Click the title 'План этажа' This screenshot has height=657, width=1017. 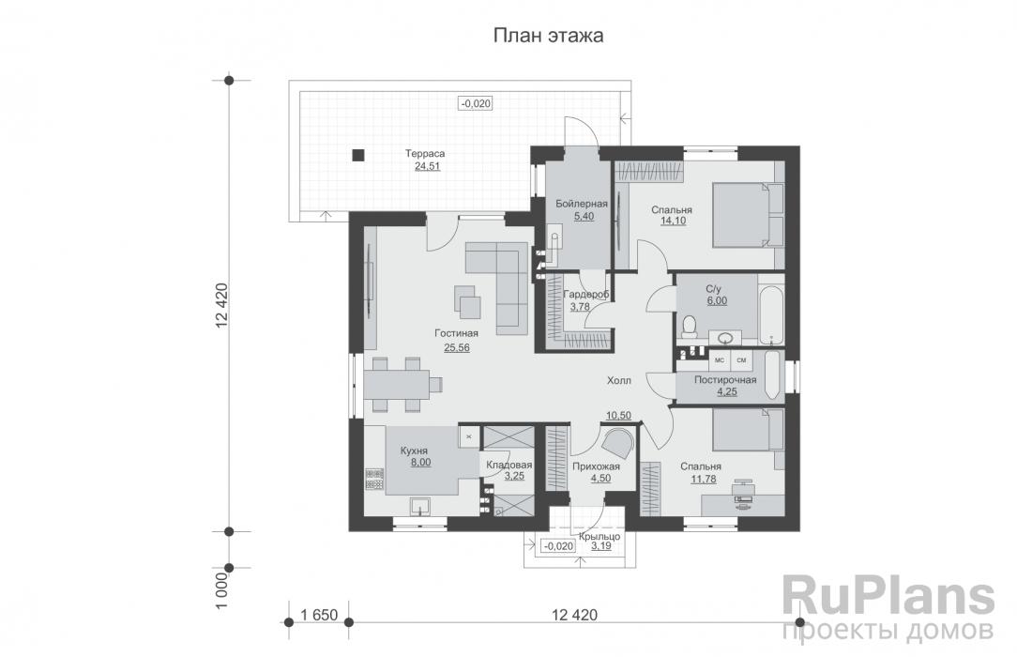click(548, 36)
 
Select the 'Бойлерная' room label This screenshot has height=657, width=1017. click(581, 204)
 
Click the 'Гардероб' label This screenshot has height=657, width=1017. click(586, 295)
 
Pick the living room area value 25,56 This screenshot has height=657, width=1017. click(457, 347)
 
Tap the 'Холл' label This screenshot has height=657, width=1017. click(618, 381)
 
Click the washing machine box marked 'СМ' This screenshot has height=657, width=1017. click(741, 359)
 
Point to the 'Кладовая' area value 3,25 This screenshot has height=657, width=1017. click(514, 477)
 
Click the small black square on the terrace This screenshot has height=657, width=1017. click(357, 156)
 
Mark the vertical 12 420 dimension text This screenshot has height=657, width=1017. click(221, 308)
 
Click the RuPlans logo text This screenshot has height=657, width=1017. click(888, 596)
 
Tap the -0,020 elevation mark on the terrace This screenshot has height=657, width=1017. click(476, 104)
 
